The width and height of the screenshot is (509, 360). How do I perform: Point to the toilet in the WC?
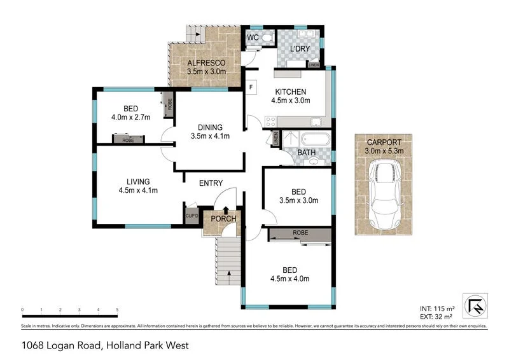pyautogui.click(x=266, y=38)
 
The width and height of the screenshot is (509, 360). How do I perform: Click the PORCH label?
pyautogui.click(x=224, y=219)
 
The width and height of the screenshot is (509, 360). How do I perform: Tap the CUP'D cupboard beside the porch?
pyautogui.click(x=192, y=216)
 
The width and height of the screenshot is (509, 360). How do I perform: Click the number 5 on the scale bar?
pyautogui.click(x=118, y=310)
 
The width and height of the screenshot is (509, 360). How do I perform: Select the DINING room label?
pyautogui.click(x=210, y=127)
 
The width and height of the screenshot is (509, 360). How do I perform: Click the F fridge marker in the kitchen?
pyautogui.click(x=252, y=87)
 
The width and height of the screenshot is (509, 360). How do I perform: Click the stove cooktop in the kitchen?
pyautogui.click(x=270, y=121)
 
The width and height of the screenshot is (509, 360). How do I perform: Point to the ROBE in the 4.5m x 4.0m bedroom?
pyautogui.click(x=300, y=233)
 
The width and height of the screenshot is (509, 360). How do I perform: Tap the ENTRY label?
pyautogui.click(x=211, y=183)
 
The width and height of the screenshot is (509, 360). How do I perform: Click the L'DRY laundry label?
pyautogui.click(x=299, y=50)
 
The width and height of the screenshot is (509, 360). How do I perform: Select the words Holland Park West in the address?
pyautogui.click(x=149, y=346)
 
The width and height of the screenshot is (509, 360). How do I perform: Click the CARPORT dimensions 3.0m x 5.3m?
pyautogui.click(x=384, y=151)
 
